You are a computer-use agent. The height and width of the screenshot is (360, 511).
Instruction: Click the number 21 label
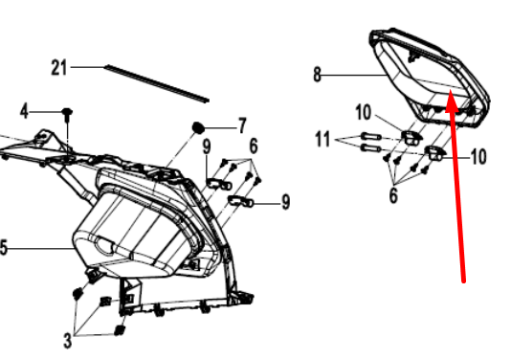(58, 68)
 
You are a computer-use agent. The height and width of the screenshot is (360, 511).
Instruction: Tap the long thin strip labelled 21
(157, 84)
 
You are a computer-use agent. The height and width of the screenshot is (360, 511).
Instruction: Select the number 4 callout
(24, 111)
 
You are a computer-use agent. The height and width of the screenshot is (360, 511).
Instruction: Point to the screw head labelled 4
(67, 112)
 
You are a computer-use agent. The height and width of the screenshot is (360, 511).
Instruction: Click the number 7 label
(242, 125)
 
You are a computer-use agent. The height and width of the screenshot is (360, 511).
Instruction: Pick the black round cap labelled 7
(198, 127)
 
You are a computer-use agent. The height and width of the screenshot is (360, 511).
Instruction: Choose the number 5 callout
(3, 247)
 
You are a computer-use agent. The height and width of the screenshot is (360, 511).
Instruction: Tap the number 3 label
(67, 341)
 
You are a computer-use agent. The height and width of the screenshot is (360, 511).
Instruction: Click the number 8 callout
(317, 75)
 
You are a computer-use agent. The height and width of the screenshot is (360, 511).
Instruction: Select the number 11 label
(322, 139)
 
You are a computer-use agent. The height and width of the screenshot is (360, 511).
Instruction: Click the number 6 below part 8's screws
(393, 195)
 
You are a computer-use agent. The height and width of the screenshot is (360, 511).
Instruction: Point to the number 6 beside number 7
(254, 146)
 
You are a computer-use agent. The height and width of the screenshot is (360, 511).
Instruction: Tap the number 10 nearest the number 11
(363, 113)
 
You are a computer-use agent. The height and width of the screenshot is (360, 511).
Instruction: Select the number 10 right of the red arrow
(478, 157)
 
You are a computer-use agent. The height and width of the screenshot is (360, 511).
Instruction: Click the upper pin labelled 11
(371, 136)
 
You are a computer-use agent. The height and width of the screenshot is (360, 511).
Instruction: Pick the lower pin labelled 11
(371, 148)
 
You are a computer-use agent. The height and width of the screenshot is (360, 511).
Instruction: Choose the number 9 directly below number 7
(207, 146)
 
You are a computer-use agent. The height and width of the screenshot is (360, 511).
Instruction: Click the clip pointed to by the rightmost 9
(241, 201)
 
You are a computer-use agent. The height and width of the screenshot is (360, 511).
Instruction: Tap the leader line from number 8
(355, 76)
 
